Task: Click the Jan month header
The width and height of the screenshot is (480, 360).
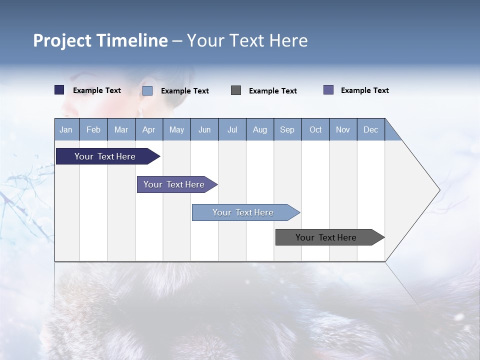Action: pyautogui.click(x=66, y=130)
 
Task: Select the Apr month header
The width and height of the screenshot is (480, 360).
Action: pyautogui.click(x=148, y=130)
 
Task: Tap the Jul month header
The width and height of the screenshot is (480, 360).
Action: pyautogui.click(x=232, y=130)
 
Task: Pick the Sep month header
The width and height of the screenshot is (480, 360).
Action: pyautogui.click(x=287, y=130)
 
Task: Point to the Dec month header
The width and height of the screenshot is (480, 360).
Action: pyautogui.click(x=370, y=130)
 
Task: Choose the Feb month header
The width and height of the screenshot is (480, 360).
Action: pyautogui.click(x=93, y=130)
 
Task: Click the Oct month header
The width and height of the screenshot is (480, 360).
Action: pyautogui.click(x=315, y=130)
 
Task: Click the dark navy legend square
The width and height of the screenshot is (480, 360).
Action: pyautogui.click(x=59, y=90)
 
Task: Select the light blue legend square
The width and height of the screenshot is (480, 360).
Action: pyautogui.click(x=147, y=90)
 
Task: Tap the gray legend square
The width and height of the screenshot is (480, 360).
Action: pyautogui.click(x=236, y=90)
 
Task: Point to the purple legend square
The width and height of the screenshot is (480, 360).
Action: pyautogui.click(x=328, y=90)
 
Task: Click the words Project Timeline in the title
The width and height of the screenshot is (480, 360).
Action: pyautogui.click(x=100, y=40)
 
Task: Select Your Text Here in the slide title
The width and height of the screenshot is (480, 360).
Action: pyautogui.click(x=247, y=40)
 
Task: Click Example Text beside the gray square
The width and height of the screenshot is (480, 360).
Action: pyautogui.click(x=272, y=91)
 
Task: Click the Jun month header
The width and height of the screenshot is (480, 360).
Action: pyautogui.click(x=204, y=130)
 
